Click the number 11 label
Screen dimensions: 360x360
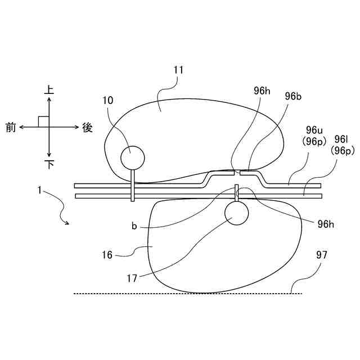(x=178, y=70)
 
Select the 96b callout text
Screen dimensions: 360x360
(x=293, y=96)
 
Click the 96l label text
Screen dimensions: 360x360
(x=341, y=139)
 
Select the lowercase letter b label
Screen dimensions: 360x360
(x=134, y=226)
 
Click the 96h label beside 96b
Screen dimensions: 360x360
(x=261, y=91)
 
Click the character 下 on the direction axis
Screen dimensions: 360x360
(x=49, y=164)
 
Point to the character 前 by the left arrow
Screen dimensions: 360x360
(x=11, y=127)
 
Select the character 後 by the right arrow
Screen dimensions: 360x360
(x=87, y=127)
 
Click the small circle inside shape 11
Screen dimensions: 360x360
(x=133, y=156)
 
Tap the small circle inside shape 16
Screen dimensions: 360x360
(x=236, y=212)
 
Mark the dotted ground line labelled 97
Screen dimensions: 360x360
(x=186, y=293)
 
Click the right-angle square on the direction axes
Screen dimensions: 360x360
(x=43, y=121)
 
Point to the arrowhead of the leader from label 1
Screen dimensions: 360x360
(x=68, y=223)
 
